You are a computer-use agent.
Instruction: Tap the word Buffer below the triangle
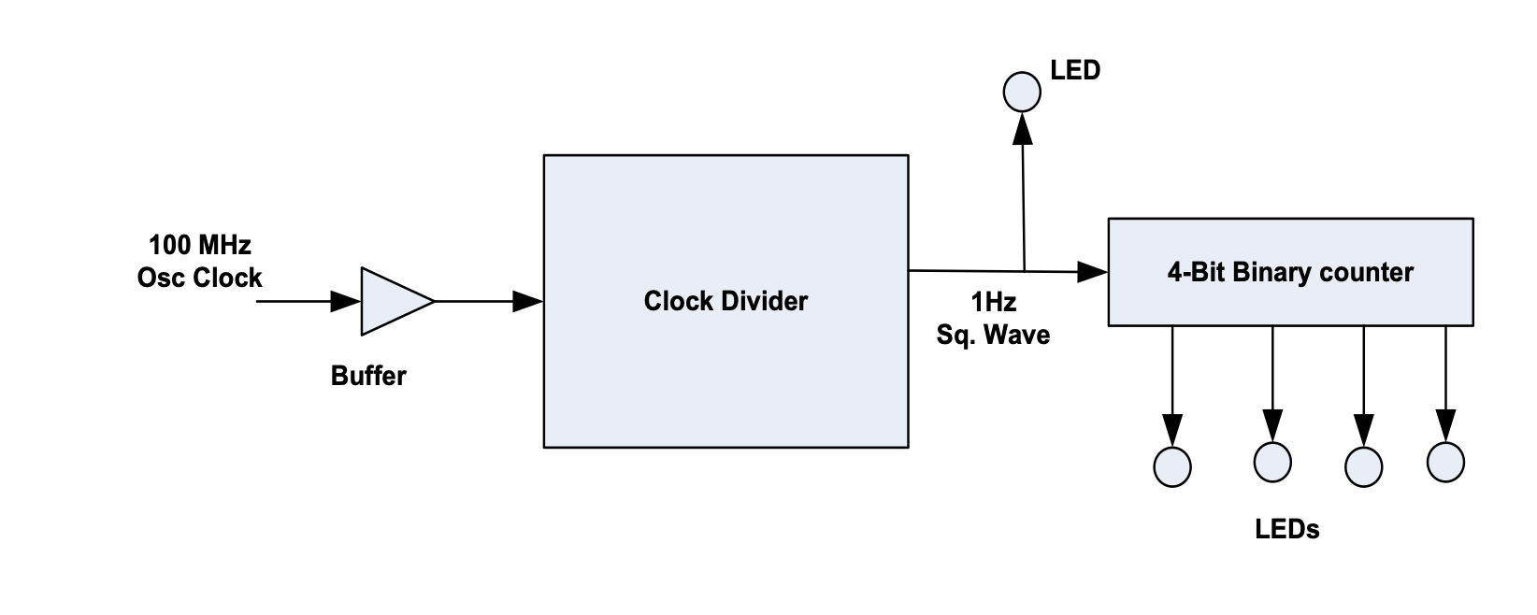(x=368, y=376)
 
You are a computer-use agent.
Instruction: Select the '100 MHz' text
(x=200, y=245)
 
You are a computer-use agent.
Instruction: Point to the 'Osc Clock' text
(x=200, y=278)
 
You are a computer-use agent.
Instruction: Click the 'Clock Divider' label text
(x=725, y=301)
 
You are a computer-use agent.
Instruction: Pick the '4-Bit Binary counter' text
(x=1291, y=272)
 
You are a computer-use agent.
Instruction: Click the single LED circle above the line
(x=1022, y=92)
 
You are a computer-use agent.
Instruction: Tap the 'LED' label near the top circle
(x=1075, y=70)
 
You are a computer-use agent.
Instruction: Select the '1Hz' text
(x=993, y=302)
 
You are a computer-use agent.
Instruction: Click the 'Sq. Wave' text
(x=993, y=335)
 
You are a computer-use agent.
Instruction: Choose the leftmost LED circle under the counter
(x=1172, y=467)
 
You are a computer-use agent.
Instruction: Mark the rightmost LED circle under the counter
(x=1445, y=462)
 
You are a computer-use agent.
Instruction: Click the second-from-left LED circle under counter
(x=1272, y=462)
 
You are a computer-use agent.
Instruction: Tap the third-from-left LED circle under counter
(x=1363, y=467)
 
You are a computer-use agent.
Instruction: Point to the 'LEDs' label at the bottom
(x=1287, y=529)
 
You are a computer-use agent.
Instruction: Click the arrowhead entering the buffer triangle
(x=346, y=301)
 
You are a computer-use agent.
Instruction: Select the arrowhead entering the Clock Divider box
(x=527, y=301)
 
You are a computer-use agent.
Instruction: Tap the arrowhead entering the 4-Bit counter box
(x=1092, y=272)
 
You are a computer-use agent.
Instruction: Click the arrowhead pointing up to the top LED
(x=1023, y=128)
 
